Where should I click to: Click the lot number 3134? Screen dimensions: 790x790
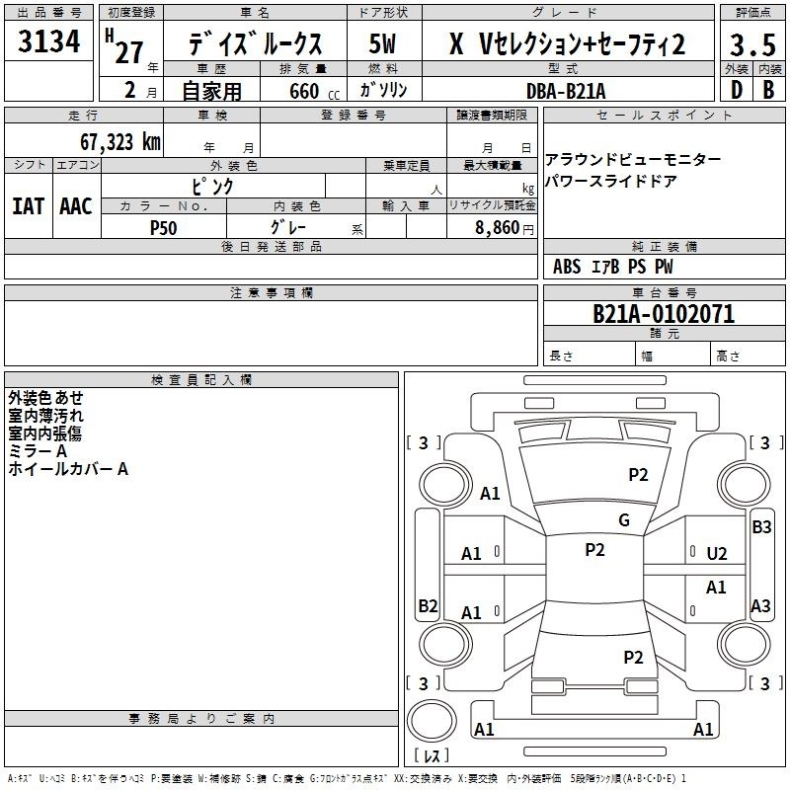(x=48, y=40)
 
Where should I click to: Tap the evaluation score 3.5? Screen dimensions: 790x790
(x=752, y=44)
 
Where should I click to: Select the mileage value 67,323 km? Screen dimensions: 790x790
(x=120, y=142)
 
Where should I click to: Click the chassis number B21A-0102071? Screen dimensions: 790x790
(x=664, y=314)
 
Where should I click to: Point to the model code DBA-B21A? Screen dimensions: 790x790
(x=566, y=91)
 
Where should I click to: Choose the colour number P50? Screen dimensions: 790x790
(x=164, y=228)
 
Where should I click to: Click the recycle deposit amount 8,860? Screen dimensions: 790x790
(x=498, y=228)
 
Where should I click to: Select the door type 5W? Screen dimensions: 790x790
(x=382, y=43)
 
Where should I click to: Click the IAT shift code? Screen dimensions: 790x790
(x=28, y=206)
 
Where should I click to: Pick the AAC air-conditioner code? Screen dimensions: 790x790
(x=76, y=206)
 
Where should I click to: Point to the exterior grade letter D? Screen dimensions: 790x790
(x=737, y=90)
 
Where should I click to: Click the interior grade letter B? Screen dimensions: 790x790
(x=769, y=90)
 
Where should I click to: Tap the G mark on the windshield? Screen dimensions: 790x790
(x=624, y=520)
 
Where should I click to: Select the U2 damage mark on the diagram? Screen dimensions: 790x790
(x=717, y=554)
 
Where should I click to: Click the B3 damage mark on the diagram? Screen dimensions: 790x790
(x=761, y=527)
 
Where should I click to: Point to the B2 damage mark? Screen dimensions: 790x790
(x=428, y=605)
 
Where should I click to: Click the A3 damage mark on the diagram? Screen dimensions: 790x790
(x=760, y=605)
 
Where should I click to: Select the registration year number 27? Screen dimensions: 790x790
(x=129, y=52)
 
